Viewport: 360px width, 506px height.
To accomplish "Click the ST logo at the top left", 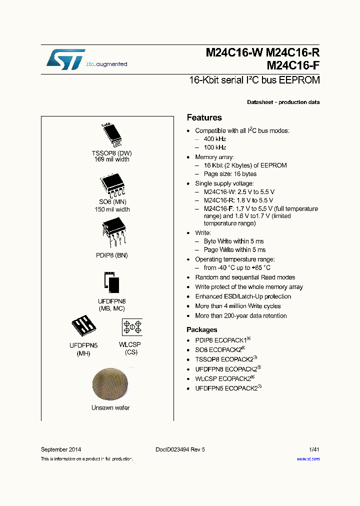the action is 66,59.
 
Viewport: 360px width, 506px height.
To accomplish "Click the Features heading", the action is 204,118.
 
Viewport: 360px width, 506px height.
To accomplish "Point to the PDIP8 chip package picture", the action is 114,233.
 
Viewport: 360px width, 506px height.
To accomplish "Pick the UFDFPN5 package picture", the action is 83,327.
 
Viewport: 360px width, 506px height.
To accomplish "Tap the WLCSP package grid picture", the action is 132,327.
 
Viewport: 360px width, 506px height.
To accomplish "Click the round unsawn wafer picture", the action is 110,384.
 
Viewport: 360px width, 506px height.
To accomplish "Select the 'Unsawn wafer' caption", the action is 110,408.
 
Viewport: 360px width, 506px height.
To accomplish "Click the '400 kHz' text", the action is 215,139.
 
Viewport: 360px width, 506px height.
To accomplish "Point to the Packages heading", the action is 202,330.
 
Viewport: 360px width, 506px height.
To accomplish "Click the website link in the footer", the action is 308,459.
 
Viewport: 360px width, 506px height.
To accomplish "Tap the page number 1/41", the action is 312,449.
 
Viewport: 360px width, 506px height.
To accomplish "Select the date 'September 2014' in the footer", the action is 61,449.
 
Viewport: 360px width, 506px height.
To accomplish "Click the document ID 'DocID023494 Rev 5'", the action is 177,449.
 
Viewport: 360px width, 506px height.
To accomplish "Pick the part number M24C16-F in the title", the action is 293,65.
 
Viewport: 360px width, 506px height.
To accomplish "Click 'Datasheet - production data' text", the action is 283,102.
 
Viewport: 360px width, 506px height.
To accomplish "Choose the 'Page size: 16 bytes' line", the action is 230,174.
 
